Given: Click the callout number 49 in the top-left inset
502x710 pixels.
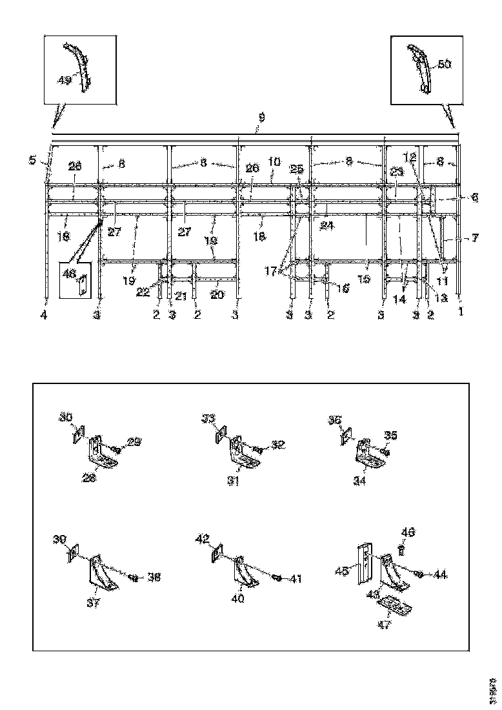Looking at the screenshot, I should [x=64, y=80].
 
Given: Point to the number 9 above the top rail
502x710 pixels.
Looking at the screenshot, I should [x=261, y=117].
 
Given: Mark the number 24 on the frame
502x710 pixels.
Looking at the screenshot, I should [x=328, y=226].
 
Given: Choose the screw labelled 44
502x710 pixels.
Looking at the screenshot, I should [x=419, y=574].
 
